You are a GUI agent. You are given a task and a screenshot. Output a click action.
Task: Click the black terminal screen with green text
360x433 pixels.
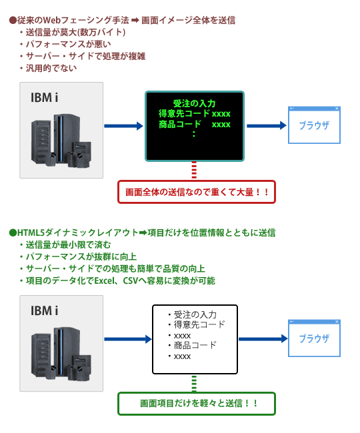tap(195, 126)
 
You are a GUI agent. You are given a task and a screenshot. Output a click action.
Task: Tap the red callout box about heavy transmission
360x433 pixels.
tap(197, 192)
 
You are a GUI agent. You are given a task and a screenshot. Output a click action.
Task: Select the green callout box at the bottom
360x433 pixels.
tap(197, 404)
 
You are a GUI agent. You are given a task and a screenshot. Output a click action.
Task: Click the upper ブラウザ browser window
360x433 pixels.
tap(314, 125)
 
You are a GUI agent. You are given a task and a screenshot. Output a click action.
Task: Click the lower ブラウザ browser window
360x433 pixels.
tap(314, 338)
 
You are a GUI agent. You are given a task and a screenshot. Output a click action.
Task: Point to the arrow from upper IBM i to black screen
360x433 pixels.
tap(123, 126)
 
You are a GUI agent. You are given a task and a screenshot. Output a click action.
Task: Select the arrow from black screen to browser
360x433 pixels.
tap(267, 126)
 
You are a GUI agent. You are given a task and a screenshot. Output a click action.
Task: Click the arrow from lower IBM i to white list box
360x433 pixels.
tap(128, 339)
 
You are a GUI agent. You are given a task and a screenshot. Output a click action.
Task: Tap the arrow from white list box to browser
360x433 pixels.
tap(263, 339)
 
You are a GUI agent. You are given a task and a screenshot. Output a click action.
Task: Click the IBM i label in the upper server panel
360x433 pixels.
tap(44, 97)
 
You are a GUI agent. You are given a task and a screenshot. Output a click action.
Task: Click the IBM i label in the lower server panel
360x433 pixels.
tap(44, 310)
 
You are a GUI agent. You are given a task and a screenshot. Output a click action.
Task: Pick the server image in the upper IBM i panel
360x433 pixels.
tap(61, 141)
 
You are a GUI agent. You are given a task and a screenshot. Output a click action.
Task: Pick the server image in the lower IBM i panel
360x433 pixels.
tap(61, 354)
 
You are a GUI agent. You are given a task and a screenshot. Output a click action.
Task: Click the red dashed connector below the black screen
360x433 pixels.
tap(194, 171)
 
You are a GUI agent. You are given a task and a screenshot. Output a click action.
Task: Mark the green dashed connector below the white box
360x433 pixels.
tap(194, 383)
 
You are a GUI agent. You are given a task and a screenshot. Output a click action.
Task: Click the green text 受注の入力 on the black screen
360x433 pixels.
tap(194, 103)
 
